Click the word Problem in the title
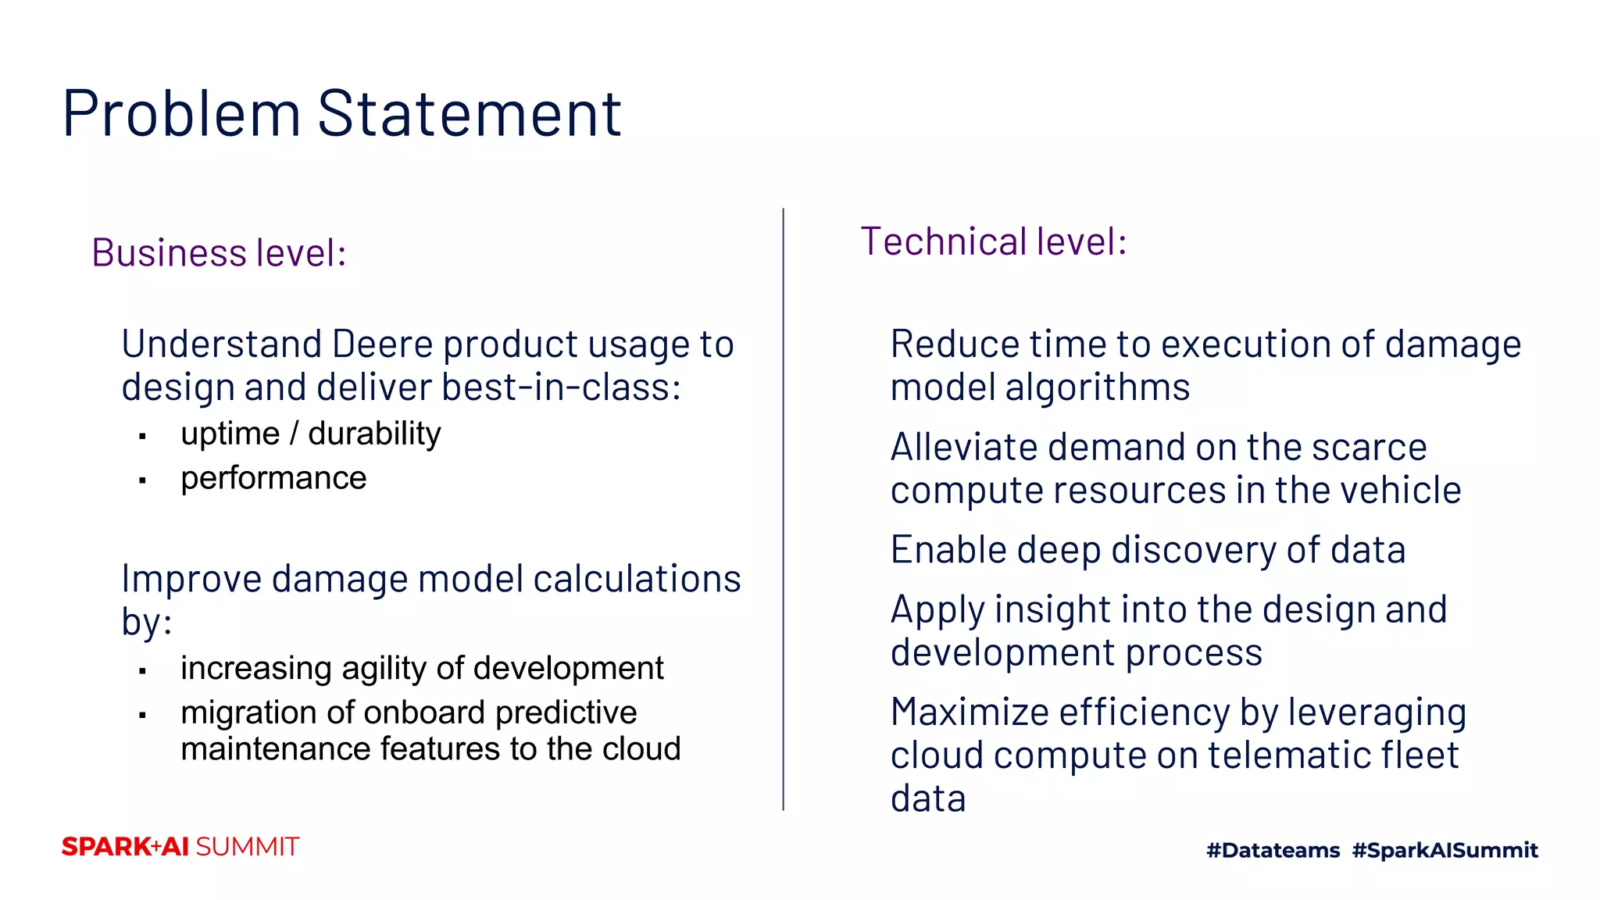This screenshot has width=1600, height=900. pyautogui.click(x=181, y=114)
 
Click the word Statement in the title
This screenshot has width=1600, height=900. pyautogui.click(x=469, y=114)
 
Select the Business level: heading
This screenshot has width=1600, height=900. pyautogui.click(x=219, y=253)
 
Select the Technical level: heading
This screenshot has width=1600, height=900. pyautogui.click(x=993, y=241)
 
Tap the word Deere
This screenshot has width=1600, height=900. pyautogui.click(x=382, y=345)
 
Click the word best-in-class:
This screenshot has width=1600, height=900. pyautogui.click(x=561, y=387)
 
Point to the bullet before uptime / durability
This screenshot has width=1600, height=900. pyautogui.click(x=142, y=437)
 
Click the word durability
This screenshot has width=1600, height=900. pyautogui.click(x=374, y=434)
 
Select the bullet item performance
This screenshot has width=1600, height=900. pyautogui.click(x=273, y=478)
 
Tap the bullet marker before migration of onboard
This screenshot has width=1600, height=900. pyautogui.click(x=142, y=715)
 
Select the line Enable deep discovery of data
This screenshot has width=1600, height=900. pyautogui.click(x=1148, y=550)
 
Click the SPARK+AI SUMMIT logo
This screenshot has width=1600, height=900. pyautogui.click(x=180, y=847)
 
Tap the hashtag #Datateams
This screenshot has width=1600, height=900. pyautogui.click(x=1273, y=850)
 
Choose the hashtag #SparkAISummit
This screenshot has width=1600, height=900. pyautogui.click(x=1445, y=850)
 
